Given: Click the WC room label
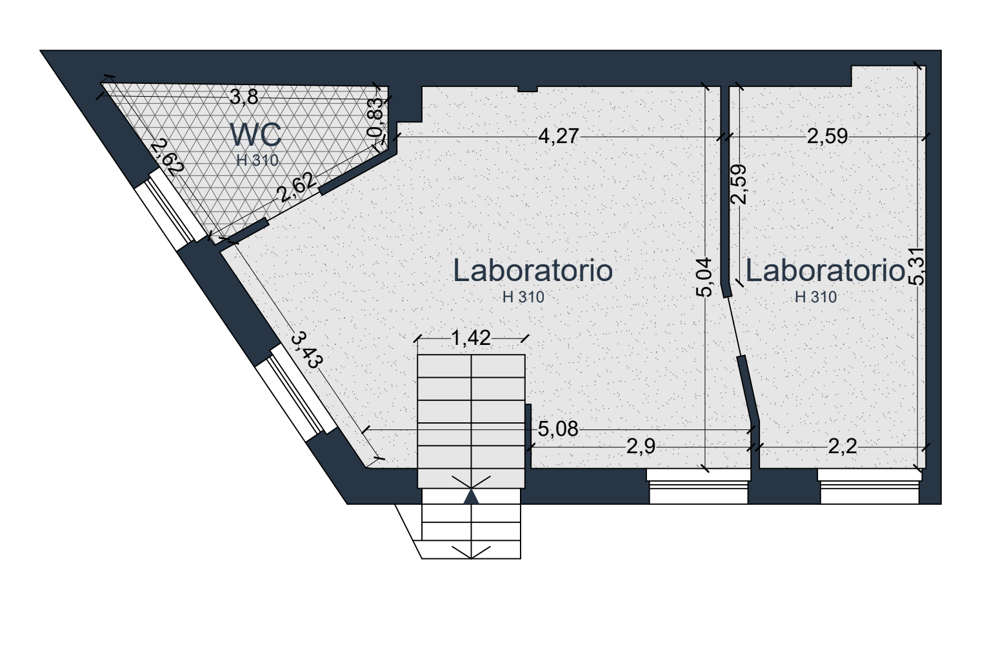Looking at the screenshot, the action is click(256, 135).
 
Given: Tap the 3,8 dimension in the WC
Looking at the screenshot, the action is click(244, 97).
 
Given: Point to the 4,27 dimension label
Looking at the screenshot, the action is click(558, 136).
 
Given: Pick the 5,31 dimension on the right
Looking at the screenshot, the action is click(917, 266).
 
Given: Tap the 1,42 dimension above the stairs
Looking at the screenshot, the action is click(470, 338).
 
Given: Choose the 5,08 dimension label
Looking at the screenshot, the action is click(558, 429).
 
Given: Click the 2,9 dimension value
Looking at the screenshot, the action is click(641, 447).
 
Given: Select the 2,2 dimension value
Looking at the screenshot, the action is click(842, 447).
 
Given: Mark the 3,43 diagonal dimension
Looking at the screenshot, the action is click(307, 351).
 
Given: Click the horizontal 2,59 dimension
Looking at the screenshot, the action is click(827, 137).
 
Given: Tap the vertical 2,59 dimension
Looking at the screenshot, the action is click(738, 184).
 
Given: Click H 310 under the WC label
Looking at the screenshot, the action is click(257, 161).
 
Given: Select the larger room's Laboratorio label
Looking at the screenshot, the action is click(533, 270).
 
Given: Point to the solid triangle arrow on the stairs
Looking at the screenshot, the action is click(471, 496).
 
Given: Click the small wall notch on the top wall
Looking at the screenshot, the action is click(528, 89).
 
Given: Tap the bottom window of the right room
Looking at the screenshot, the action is click(869, 486).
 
